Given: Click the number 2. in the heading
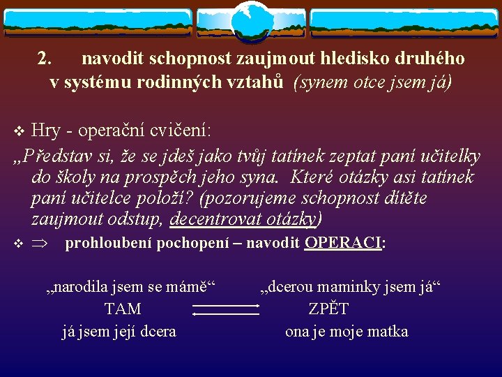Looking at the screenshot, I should coord(44,59).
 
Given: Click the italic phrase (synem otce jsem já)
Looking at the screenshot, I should coord(373,82).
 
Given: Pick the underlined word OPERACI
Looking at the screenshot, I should coord(344,243).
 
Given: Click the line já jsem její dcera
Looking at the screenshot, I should coord(119,332).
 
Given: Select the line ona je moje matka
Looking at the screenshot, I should coord(347,332).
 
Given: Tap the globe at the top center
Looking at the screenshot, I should coord(250,21).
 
